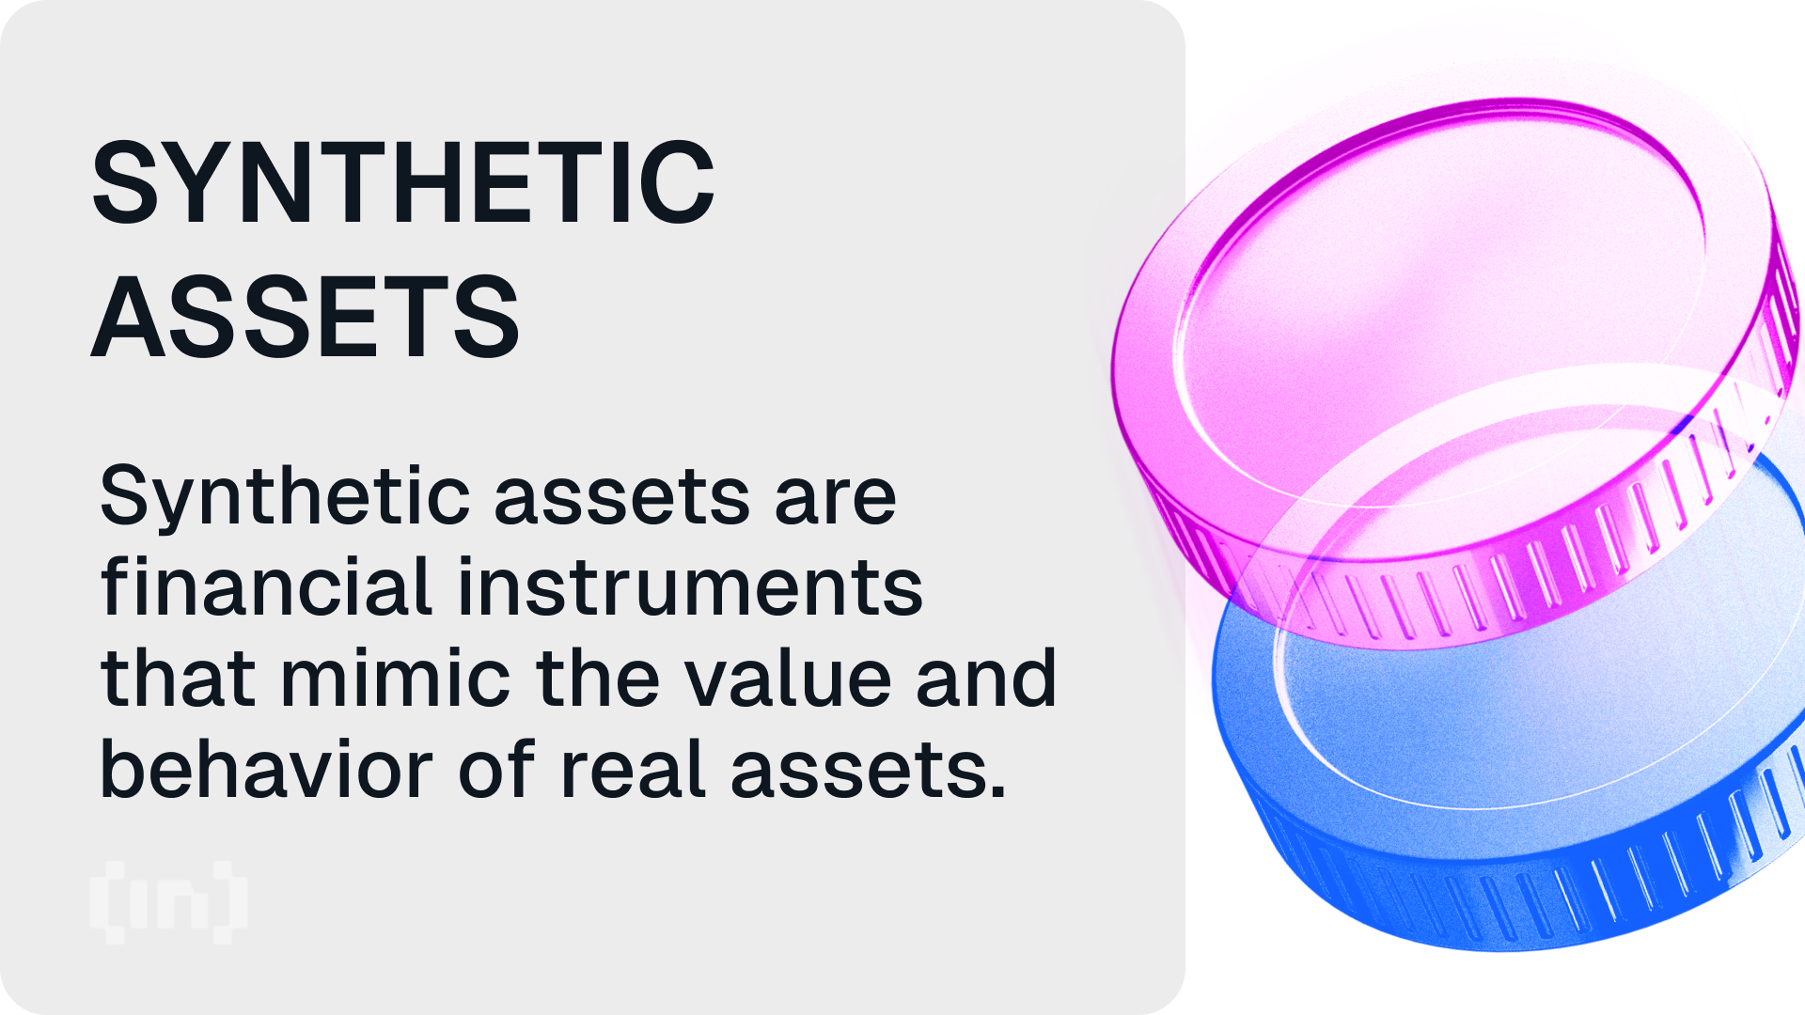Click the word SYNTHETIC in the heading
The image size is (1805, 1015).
(403, 182)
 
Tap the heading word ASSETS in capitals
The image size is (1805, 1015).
(306, 317)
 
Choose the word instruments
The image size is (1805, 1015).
(691, 586)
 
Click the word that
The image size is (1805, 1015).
(178, 676)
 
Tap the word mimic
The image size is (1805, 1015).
(396, 676)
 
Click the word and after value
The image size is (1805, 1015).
(987, 676)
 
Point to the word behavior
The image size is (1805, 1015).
(265, 767)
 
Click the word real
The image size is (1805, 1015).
(632, 767)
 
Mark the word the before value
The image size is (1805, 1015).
(598, 676)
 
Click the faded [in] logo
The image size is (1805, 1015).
(169, 902)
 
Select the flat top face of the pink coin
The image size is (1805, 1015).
(1438, 310)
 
